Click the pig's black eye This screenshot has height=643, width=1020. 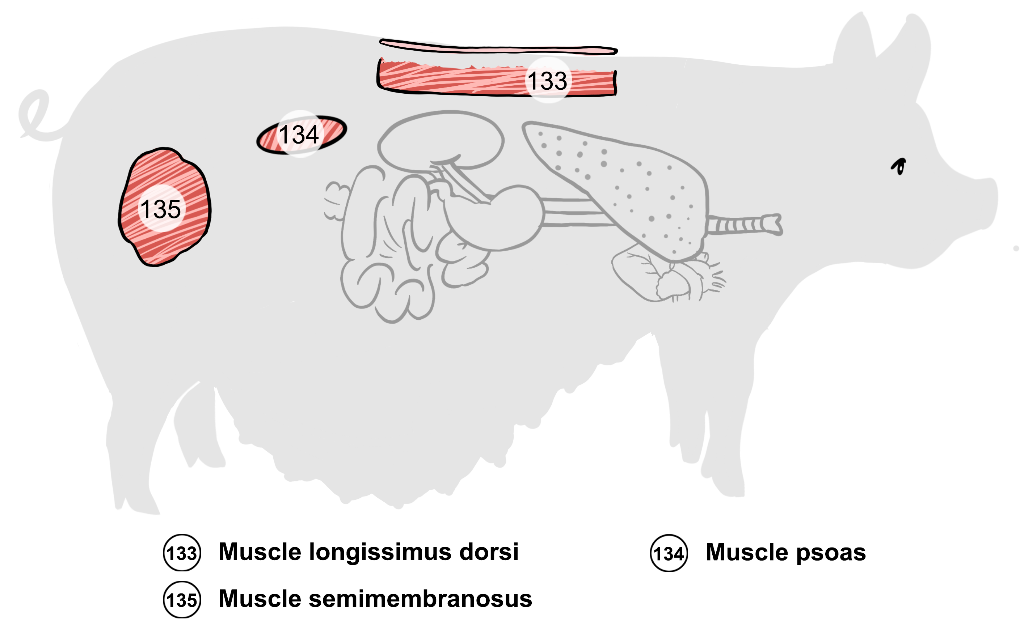tap(899, 166)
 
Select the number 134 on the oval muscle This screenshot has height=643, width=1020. tap(299, 135)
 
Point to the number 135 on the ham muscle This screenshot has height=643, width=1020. tap(161, 209)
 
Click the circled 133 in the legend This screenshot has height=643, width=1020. tap(182, 553)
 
